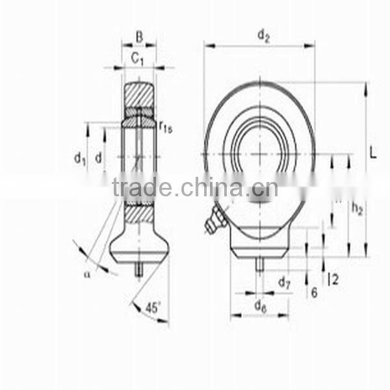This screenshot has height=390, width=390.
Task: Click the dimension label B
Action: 139,36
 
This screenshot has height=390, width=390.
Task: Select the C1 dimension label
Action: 138,58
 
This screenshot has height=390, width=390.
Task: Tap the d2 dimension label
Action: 263,36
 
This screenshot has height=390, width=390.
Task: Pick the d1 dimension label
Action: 79,157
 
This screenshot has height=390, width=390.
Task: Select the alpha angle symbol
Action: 86,274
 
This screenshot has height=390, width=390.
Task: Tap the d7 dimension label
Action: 284,282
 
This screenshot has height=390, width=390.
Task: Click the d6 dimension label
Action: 260,305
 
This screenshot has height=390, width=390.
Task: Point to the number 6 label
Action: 314,292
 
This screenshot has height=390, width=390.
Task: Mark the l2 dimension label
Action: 333,279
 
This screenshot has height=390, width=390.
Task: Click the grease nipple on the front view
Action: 216,220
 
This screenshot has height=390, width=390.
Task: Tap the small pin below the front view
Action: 259,264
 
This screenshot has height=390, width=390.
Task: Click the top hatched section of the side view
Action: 139,95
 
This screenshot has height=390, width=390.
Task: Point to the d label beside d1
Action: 99,157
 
